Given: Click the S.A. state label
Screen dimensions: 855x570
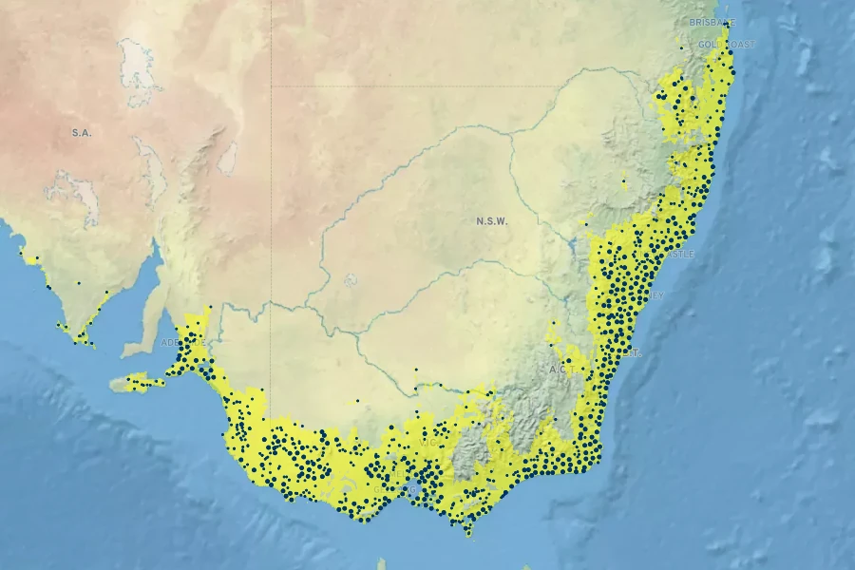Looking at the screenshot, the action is click(x=81, y=133).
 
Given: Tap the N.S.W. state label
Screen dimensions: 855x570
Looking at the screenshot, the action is click(x=492, y=221).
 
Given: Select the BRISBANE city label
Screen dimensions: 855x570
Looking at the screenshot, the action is click(x=712, y=21).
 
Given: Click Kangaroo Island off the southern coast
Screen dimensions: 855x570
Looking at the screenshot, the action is click(x=139, y=383).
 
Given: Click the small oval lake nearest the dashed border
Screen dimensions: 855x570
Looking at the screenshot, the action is click(x=228, y=159).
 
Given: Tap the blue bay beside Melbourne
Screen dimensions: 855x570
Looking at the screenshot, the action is click(x=410, y=490).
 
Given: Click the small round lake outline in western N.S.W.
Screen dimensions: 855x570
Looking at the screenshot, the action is click(x=351, y=280).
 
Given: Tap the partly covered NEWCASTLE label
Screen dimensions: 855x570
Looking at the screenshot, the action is click(x=682, y=255).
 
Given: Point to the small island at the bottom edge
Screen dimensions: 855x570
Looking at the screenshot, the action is click(x=381, y=564).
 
